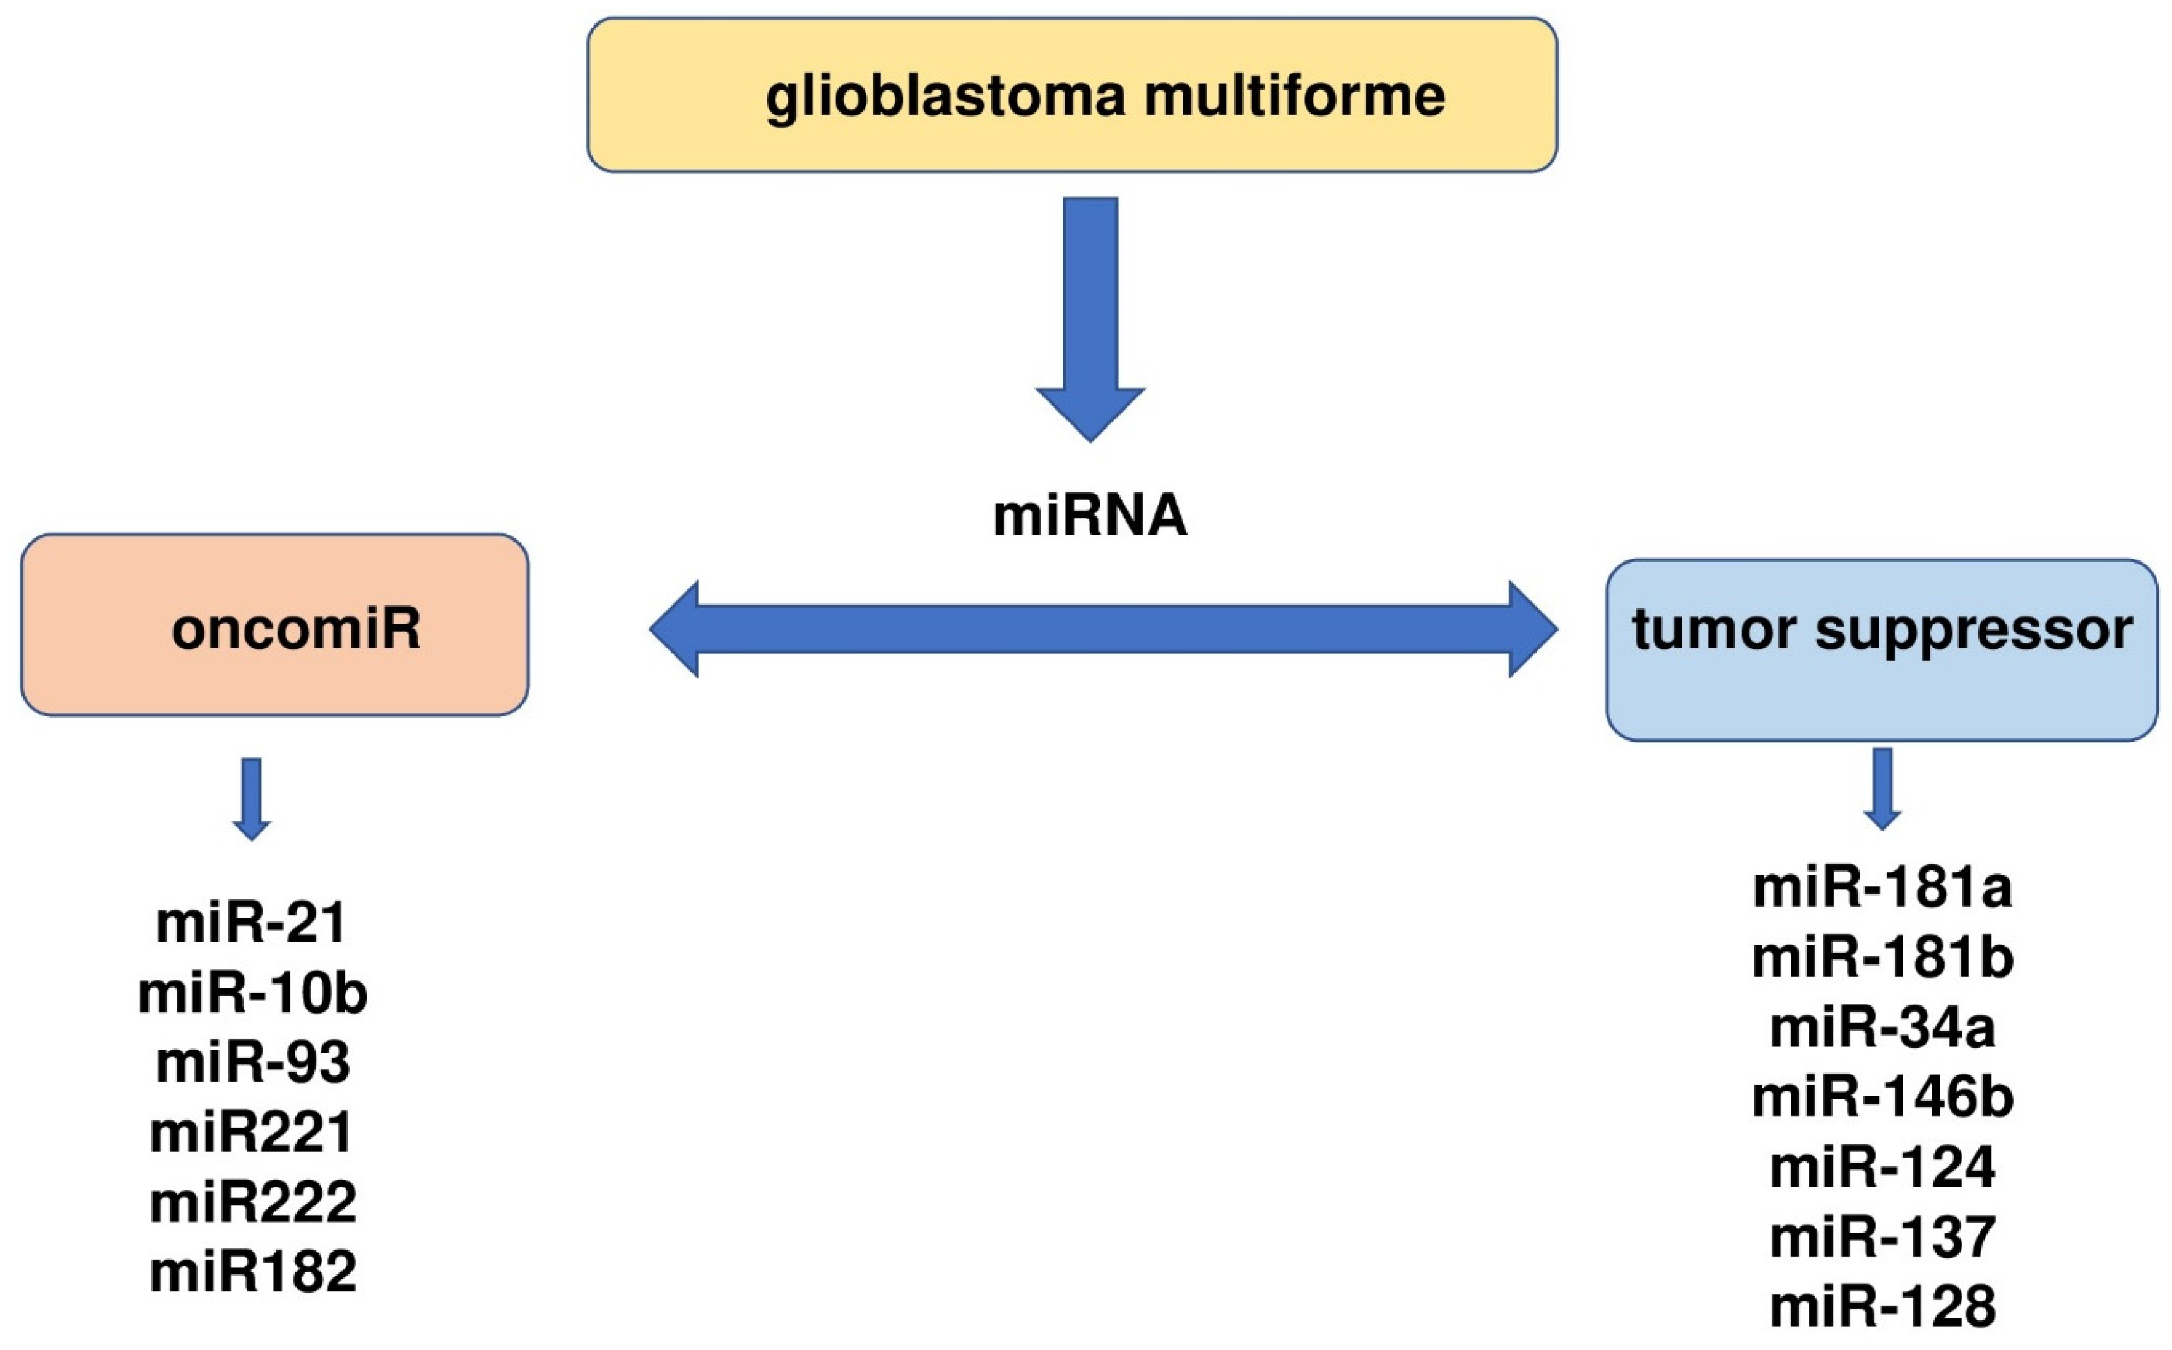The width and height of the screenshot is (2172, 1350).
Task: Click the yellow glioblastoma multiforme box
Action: (x=1071, y=95)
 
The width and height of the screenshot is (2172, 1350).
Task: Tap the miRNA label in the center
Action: (x=1090, y=517)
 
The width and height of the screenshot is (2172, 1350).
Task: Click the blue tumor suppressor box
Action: (x=1882, y=650)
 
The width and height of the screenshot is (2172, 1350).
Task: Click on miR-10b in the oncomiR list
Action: (x=252, y=993)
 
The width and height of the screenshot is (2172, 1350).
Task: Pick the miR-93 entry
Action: (x=252, y=1062)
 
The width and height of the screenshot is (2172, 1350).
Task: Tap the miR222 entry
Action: (x=252, y=1202)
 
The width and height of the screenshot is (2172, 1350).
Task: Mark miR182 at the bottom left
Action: (x=252, y=1272)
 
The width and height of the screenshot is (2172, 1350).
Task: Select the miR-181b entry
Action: (x=1882, y=958)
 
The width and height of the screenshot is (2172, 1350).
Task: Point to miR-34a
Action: (x=1882, y=1027)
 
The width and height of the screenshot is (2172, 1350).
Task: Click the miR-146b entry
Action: (x=1882, y=1098)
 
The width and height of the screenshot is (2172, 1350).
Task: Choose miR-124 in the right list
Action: (x=1882, y=1167)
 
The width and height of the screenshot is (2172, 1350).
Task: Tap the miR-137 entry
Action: (x=1882, y=1236)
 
